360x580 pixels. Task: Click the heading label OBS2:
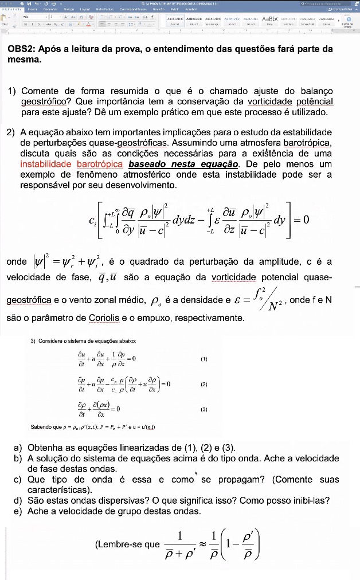pos(22,49)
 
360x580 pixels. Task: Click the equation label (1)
pos(204,359)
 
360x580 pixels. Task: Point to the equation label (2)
pos(204,385)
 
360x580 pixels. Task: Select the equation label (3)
pos(204,410)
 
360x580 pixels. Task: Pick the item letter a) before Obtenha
pos(18,448)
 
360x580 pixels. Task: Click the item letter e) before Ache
pos(18,511)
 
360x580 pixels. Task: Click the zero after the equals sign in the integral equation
pos(305,219)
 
